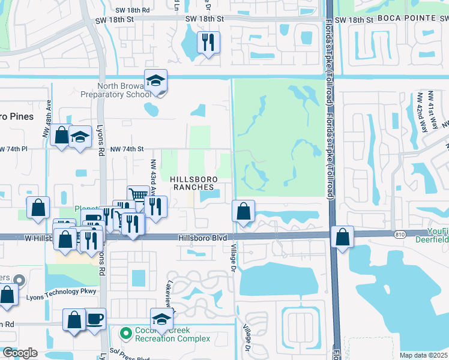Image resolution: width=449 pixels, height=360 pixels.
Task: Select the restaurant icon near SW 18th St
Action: click(x=208, y=42)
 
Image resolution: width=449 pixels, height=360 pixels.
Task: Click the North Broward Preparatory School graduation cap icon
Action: click(x=155, y=81)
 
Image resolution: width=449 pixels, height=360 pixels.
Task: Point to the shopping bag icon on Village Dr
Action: click(x=243, y=212)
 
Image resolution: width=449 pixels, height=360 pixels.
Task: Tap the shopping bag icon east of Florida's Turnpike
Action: click(x=342, y=237)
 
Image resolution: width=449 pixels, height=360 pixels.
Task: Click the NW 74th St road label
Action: click(x=127, y=149)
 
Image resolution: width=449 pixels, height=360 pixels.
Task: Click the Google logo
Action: click(x=19, y=352)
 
